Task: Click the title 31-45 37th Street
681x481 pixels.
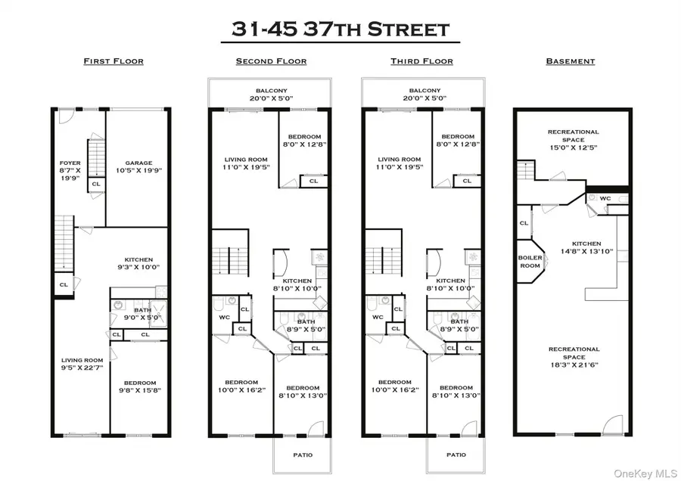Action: [x=340, y=29]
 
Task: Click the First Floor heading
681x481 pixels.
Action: [x=113, y=61]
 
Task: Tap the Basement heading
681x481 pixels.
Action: [x=571, y=61]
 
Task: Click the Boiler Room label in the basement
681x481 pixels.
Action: [x=530, y=261]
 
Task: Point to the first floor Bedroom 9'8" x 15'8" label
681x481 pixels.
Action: [x=140, y=386]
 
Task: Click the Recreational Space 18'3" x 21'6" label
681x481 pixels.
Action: [x=574, y=353]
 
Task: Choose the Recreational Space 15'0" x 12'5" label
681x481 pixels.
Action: [x=573, y=137]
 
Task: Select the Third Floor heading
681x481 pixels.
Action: [x=421, y=61]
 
